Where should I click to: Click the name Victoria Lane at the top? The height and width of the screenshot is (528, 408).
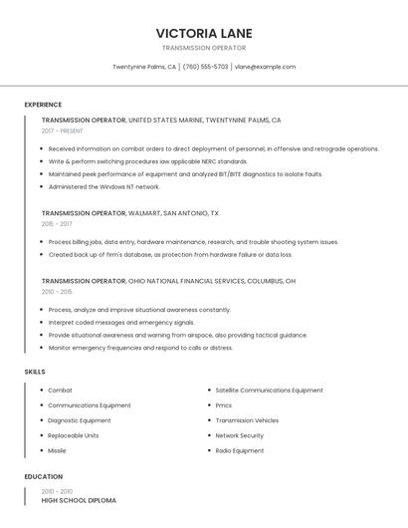(x=203, y=32)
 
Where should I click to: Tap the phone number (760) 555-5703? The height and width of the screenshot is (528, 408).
(x=206, y=67)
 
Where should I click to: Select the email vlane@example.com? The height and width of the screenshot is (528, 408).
(x=265, y=67)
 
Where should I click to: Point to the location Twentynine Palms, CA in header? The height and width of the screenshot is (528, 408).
(x=144, y=67)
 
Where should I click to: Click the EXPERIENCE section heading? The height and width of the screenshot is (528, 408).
(x=43, y=105)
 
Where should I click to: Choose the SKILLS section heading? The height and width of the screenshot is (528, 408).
(x=35, y=372)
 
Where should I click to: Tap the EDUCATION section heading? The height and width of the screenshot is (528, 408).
(x=44, y=477)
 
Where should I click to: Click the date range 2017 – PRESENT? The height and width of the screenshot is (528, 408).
(x=63, y=131)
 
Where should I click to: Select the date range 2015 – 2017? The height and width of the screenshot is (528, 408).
(x=57, y=224)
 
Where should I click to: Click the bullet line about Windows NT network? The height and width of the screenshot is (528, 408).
(x=104, y=186)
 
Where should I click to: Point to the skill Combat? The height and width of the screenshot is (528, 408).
(x=60, y=391)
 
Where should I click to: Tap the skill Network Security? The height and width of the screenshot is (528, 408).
(x=240, y=435)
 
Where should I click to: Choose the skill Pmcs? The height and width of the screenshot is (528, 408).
(x=224, y=405)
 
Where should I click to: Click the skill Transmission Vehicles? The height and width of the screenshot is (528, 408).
(x=247, y=420)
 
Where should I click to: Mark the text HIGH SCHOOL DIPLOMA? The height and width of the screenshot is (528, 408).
(x=79, y=500)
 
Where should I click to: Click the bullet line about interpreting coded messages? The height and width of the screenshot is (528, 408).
(x=121, y=323)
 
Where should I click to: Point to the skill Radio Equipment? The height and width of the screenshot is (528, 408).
(x=240, y=450)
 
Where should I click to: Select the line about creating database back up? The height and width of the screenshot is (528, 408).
(x=170, y=254)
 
